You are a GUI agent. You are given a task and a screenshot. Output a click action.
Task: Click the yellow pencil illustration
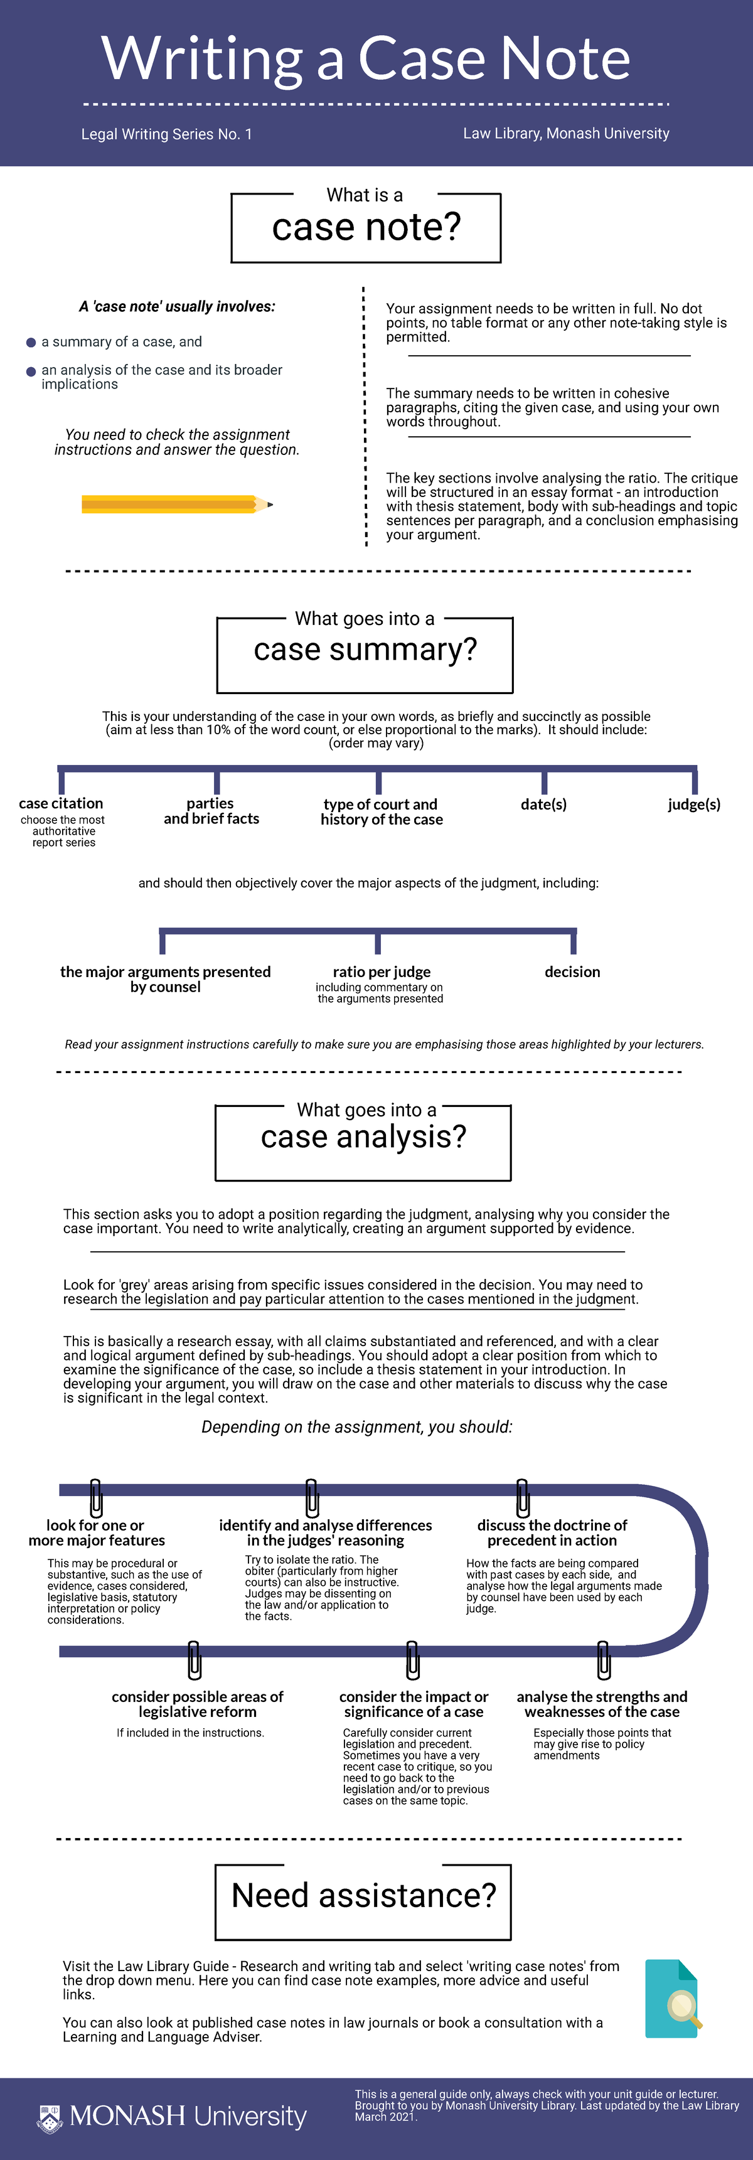(177, 504)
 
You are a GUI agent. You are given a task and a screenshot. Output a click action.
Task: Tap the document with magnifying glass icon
(673, 1998)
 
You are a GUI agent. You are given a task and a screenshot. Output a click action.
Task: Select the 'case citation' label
(61, 803)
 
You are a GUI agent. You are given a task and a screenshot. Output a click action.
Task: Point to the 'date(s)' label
(543, 804)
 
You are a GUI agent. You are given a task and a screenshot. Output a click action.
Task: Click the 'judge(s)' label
(694, 804)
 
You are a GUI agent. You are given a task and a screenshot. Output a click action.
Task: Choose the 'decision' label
(573, 972)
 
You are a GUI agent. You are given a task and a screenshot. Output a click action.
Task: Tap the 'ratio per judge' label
(382, 972)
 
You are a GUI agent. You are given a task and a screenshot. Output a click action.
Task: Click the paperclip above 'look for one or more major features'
(95, 1497)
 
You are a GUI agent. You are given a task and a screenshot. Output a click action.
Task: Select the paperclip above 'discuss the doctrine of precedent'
(523, 1497)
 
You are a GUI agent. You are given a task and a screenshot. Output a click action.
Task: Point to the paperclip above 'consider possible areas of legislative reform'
(194, 1660)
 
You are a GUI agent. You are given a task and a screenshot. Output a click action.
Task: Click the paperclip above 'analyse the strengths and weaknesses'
(604, 1660)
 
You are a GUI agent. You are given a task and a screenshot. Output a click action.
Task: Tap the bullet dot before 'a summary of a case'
(31, 342)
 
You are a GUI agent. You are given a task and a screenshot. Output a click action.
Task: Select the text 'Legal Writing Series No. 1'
(167, 134)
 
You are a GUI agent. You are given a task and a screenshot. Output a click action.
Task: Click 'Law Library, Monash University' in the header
(566, 133)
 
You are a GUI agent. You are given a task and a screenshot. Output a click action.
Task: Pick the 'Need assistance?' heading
(364, 1895)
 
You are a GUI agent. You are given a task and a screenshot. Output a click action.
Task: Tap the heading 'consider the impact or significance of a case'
(414, 1704)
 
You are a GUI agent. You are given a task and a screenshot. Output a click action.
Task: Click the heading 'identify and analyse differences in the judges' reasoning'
(325, 1533)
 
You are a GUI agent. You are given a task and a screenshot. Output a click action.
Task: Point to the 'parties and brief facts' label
(211, 811)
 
